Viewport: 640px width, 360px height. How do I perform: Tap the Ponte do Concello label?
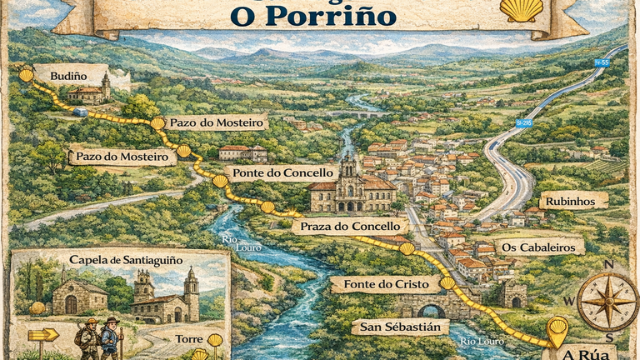272,173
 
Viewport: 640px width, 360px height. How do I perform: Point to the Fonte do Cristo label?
385,285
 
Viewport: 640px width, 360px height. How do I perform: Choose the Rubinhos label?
573,201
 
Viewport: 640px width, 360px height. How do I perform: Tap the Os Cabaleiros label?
539,247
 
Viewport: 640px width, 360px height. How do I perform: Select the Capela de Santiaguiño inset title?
126,260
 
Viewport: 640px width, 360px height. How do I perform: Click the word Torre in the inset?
190,340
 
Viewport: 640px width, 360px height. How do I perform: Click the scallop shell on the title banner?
521,9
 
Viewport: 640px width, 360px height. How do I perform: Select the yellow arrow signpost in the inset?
43,335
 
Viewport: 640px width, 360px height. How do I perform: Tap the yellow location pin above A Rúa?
557,329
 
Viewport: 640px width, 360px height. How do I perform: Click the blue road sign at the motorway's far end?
601,63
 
